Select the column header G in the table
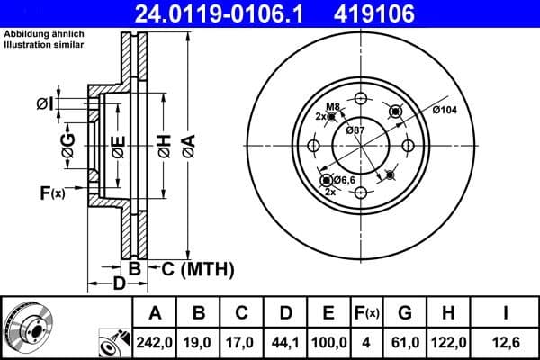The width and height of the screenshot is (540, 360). pos(405,313)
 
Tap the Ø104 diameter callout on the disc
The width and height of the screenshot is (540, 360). pos(446,110)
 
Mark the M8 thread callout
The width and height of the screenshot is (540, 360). pos(332,107)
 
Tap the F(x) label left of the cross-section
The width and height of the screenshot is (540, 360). pos(52,192)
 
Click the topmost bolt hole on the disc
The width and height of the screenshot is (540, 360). pos(362,99)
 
